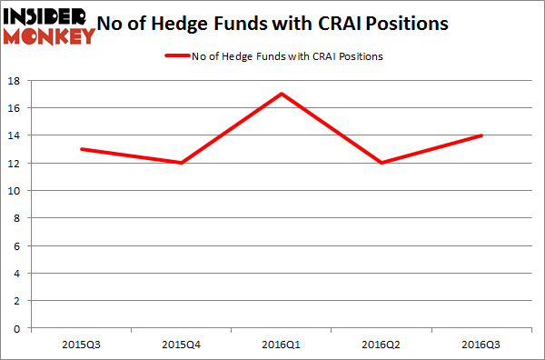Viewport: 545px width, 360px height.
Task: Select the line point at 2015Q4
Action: [182, 163]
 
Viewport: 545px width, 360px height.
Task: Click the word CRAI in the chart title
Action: [351, 25]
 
